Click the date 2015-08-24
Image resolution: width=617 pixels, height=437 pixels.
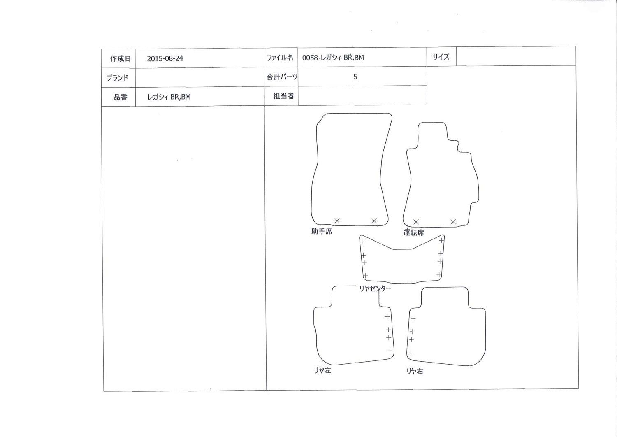coord(165,58)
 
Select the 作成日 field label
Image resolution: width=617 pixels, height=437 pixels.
coord(121,59)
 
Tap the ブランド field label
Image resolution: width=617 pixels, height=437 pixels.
coord(118,78)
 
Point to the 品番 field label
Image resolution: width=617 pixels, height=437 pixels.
coord(121,97)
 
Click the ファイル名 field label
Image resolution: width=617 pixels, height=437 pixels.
coord(280,58)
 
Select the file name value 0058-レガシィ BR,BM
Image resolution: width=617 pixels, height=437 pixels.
coord(333,57)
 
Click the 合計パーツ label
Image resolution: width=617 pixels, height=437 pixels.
coord(282,77)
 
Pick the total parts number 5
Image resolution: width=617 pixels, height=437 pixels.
coord(355,77)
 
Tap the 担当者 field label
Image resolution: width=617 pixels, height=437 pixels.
coord(284,96)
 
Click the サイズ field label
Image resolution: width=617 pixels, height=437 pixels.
coord(441,57)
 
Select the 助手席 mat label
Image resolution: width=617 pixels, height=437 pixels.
coord(322,231)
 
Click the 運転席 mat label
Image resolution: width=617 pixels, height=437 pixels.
coord(413,232)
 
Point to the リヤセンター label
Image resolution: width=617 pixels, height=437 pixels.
coord(375,288)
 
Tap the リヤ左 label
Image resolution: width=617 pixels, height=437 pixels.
coord(322,370)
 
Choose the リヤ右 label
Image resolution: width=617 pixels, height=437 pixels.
coord(415,371)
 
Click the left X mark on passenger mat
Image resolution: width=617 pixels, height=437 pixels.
coord(337,221)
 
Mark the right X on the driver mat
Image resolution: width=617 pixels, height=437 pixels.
coord(453,221)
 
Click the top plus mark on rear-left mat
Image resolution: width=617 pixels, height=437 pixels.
coord(387,316)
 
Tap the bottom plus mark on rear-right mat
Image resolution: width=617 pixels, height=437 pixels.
coord(411,353)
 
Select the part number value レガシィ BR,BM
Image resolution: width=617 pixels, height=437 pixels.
coord(169,97)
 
